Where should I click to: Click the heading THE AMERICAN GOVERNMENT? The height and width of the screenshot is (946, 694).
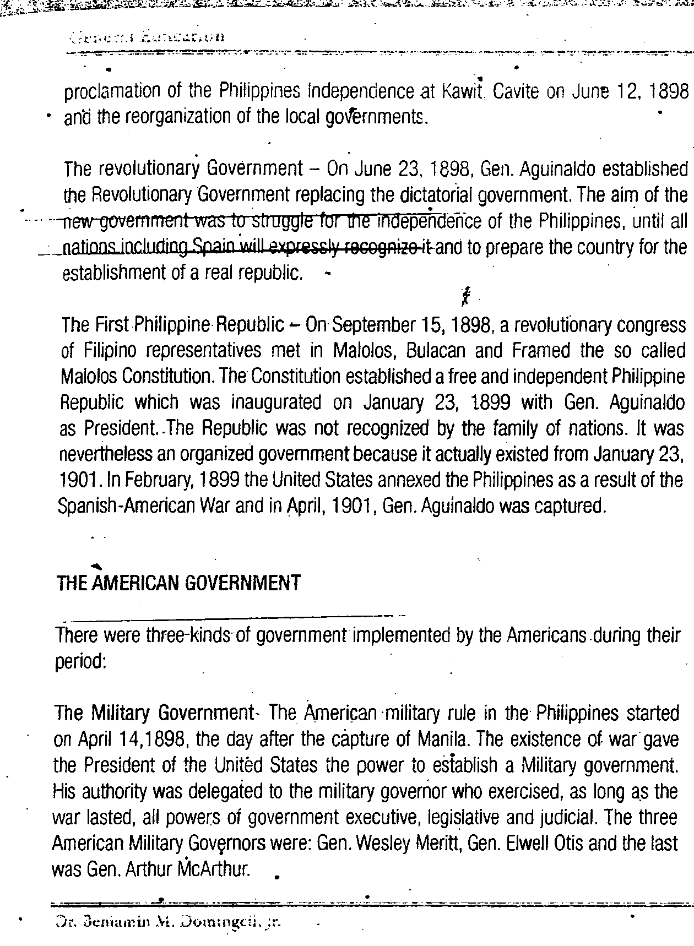178,582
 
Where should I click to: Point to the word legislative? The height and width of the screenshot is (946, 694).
464,818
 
